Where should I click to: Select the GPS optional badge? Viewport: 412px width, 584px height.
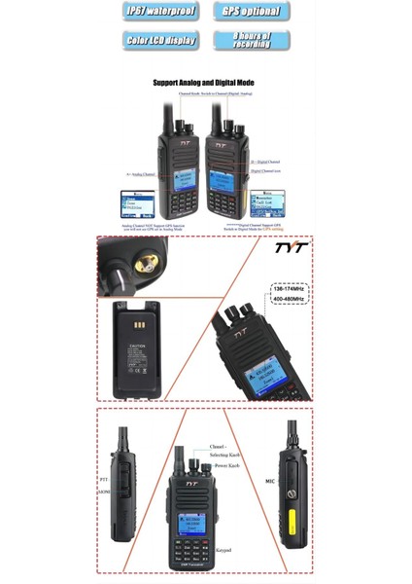click(251, 12)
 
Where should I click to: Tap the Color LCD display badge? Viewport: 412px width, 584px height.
click(161, 41)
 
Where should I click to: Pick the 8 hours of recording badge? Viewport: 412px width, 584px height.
click(251, 40)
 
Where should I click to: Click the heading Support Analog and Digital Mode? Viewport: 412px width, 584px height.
click(205, 84)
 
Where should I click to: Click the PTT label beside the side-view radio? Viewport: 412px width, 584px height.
click(104, 480)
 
